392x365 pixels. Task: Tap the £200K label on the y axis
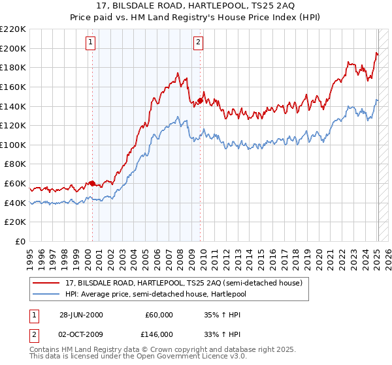[14, 48]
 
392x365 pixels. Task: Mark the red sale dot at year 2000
[92, 183]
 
